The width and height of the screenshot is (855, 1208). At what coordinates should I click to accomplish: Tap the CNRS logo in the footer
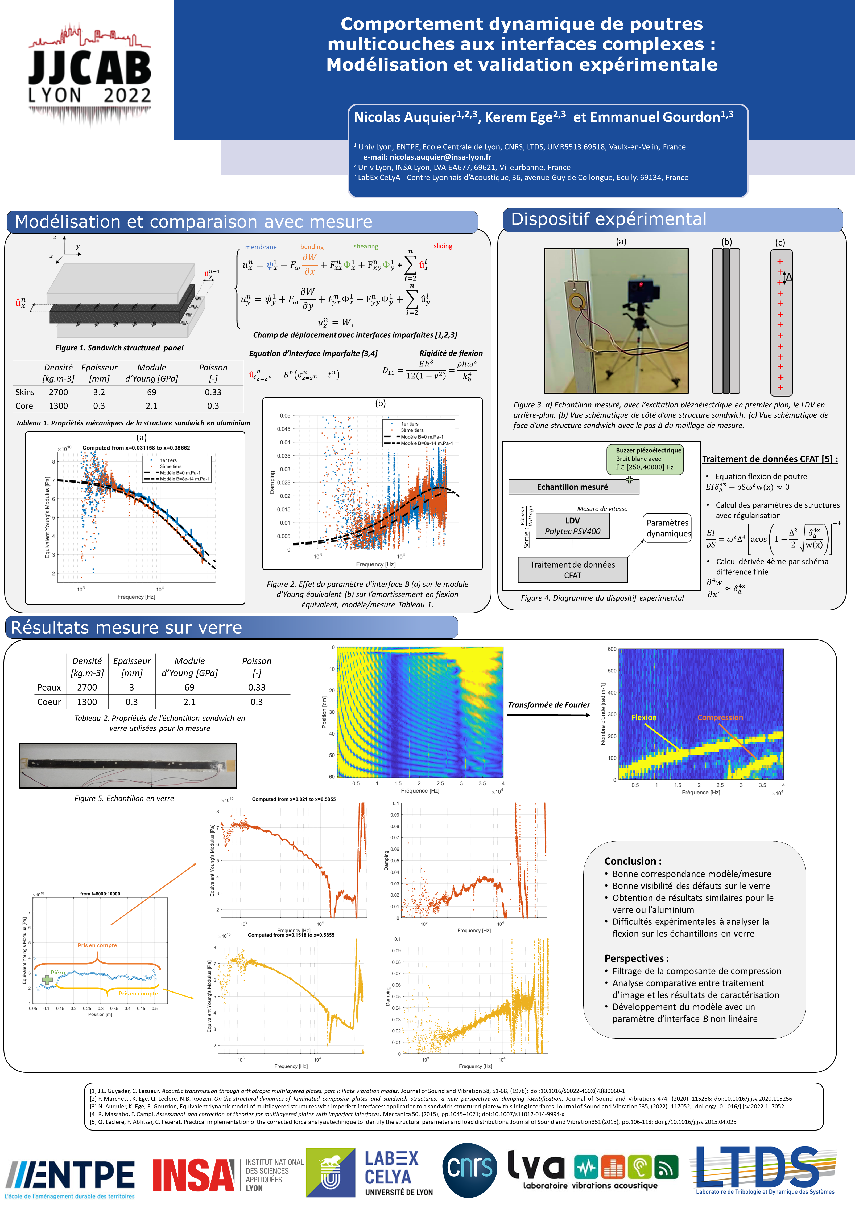coord(470,1170)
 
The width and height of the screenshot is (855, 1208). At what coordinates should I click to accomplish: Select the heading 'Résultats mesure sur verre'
coord(126,627)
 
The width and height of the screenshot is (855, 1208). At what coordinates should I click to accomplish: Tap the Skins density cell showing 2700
coord(59,392)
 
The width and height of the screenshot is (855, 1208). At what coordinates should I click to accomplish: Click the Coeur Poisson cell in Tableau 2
coord(257,702)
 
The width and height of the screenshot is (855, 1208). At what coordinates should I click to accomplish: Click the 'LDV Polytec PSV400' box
coord(572,526)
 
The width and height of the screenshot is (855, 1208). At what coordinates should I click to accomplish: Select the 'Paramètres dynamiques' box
coord(668,528)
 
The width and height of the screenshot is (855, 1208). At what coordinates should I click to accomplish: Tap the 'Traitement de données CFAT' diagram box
coord(572,570)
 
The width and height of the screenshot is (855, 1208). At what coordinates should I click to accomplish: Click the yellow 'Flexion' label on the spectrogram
coord(644,717)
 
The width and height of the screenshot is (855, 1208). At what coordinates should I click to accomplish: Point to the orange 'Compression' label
coord(720,717)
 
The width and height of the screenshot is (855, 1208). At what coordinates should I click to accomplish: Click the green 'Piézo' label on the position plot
coord(58,973)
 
